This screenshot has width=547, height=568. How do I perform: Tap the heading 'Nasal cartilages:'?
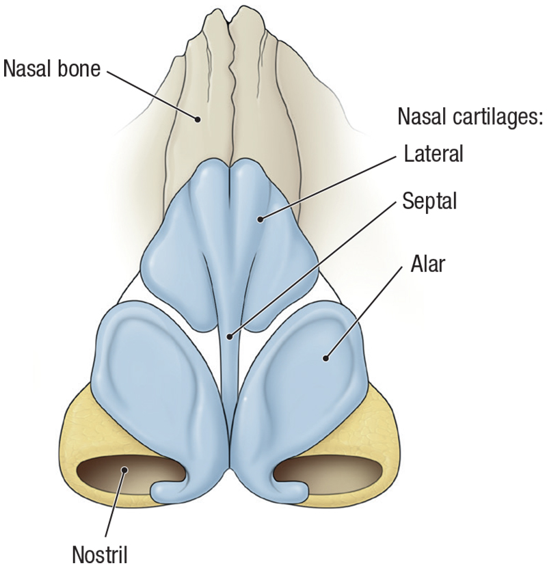coord(470,117)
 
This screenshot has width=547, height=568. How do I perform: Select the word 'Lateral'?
coord(433,152)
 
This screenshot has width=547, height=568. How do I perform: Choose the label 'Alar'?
coord(428,263)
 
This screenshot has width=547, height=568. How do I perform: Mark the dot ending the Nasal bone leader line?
coord(198,119)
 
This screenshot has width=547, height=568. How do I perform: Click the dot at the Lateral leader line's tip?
coord(261,219)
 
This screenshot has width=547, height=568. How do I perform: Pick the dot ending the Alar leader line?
coord(326,356)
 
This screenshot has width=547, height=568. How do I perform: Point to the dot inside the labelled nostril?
coord(124,470)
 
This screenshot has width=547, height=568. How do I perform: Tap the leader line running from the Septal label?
coord(315,268)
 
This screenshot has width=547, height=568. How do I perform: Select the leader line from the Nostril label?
coord(115,502)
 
